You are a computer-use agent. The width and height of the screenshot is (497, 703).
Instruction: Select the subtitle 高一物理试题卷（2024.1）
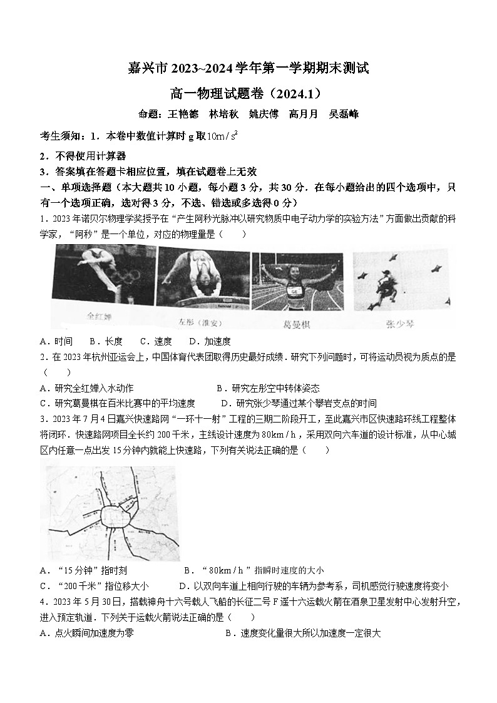(x=248, y=94)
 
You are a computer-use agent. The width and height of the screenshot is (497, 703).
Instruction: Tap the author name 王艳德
(x=182, y=114)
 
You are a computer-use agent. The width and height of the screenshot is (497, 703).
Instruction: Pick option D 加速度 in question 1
(x=210, y=341)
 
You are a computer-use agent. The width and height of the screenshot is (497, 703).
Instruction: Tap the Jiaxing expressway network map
(x=109, y=510)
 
